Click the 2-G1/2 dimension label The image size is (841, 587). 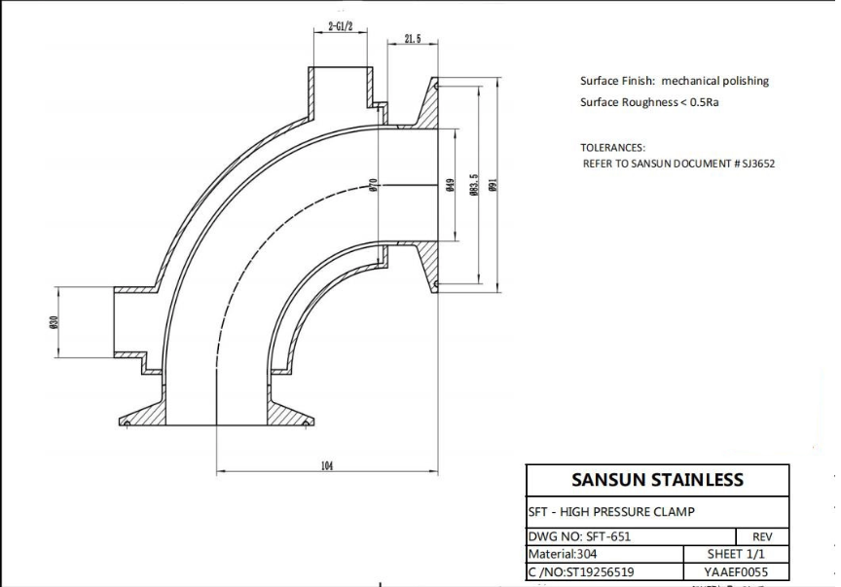[x=341, y=26]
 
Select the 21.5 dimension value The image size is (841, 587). [x=413, y=39]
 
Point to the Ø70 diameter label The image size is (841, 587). [x=374, y=185]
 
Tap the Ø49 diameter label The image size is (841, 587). [x=450, y=185]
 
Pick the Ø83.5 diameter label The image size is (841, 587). [x=474, y=185]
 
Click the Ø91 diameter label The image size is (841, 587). [x=494, y=185]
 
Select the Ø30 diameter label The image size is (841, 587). [x=54, y=322]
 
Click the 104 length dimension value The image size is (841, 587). [x=327, y=465]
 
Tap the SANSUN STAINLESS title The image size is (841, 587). [x=658, y=479]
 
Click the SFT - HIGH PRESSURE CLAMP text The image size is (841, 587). [x=611, y=512]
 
